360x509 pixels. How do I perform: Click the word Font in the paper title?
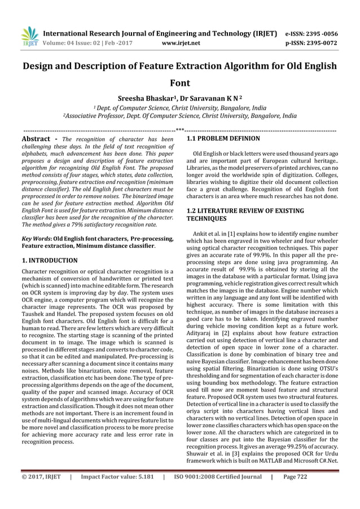pyautogui.click(x=179, y=82)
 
